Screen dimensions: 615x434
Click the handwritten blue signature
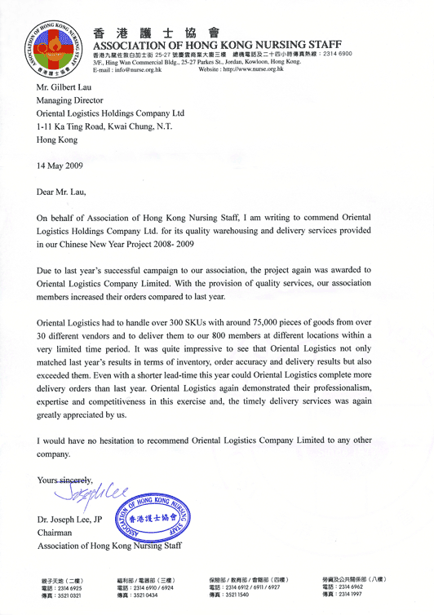point(90,490)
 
